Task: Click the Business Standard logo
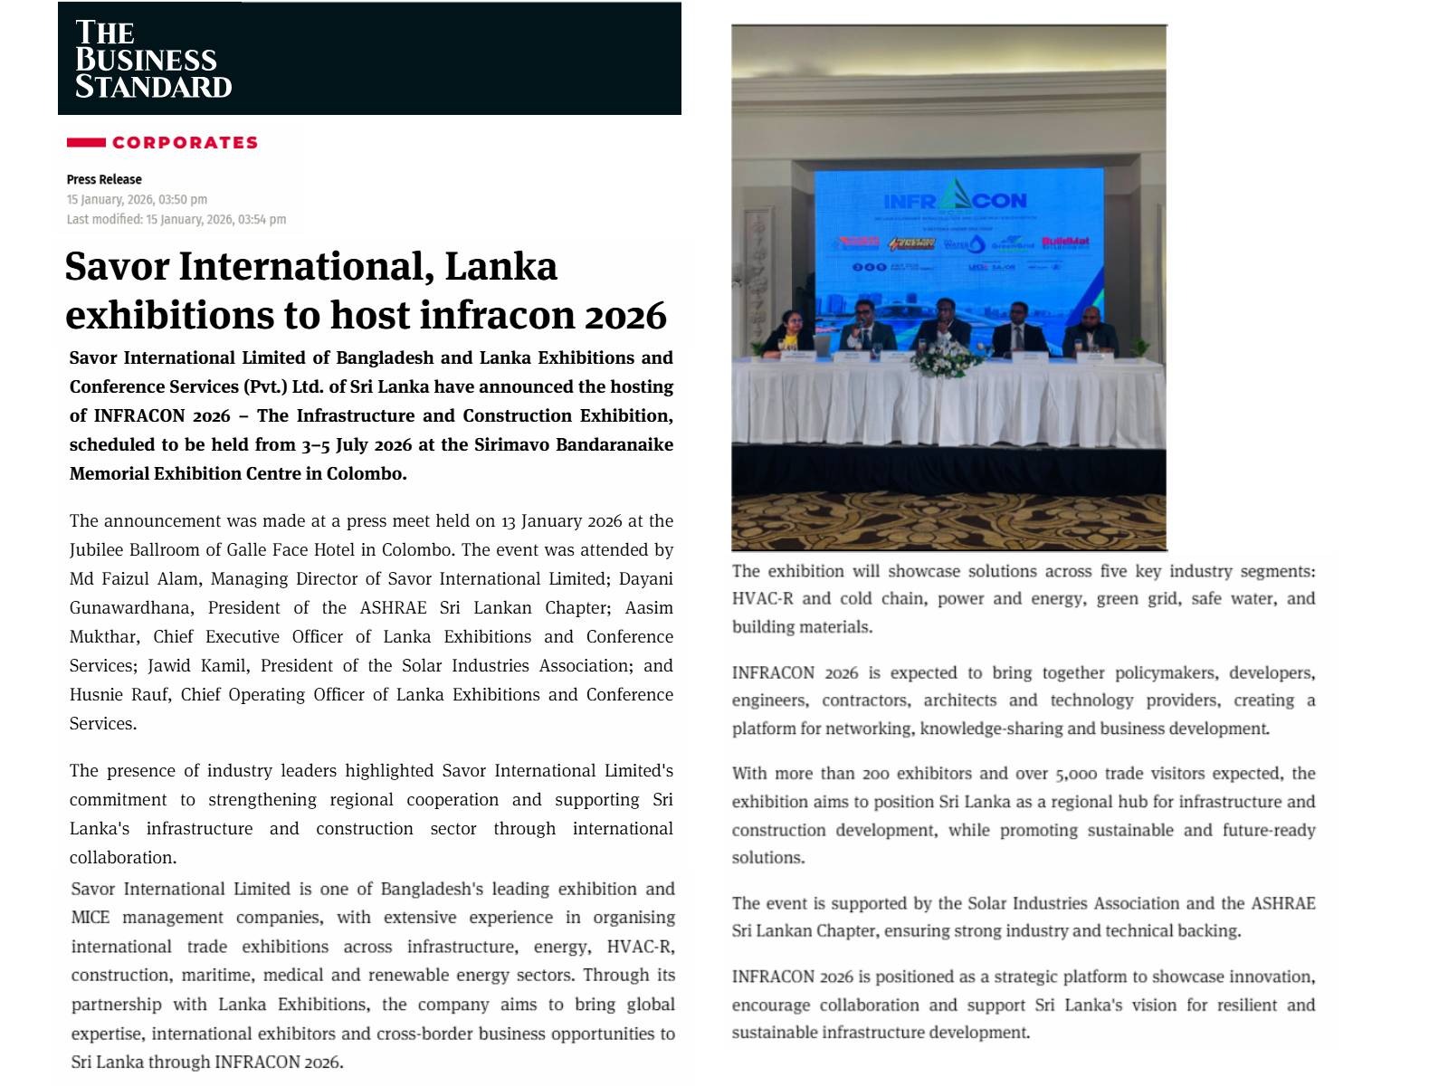(x=153, y=60)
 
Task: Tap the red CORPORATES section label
(x=185, y=142)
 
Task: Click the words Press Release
(x=104, y=179)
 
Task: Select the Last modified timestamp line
(x=176, y=219)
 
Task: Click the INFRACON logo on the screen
(x=955, y=198)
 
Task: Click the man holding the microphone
(x=863, y=328)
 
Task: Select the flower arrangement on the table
(x=947, y=360)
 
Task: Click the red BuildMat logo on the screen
(x=1065, y=243)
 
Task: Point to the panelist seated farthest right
(x=1090, y=332)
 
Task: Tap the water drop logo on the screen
(x=976, y=243)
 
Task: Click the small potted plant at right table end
(x=1139, y=348)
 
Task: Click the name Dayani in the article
(x=646, y=579)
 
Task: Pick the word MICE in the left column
(x=90, y=918)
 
